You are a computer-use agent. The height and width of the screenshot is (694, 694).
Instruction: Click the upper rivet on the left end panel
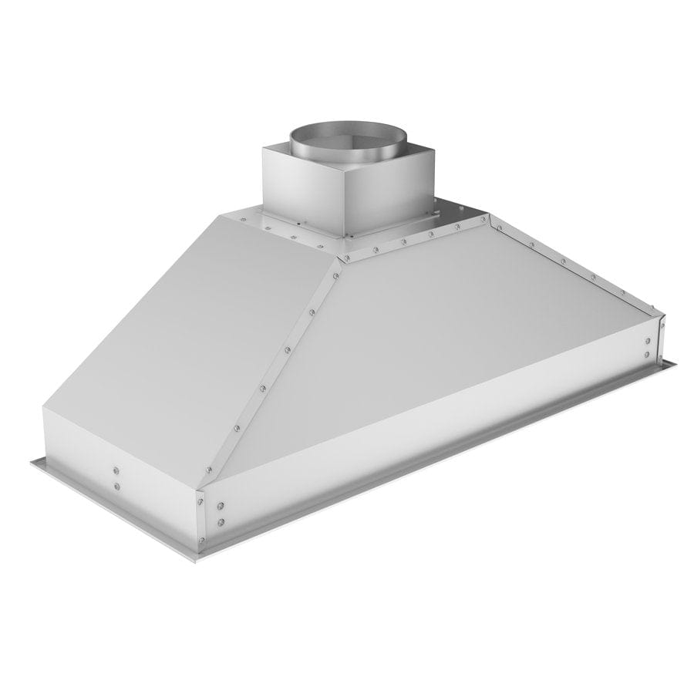pos(115,469)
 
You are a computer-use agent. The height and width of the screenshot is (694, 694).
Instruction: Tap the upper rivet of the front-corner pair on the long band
pos(221,507)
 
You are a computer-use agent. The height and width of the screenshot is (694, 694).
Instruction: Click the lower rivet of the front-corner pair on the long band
pos(221,522)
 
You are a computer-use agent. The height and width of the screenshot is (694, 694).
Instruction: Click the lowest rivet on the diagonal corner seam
pos(208,465)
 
